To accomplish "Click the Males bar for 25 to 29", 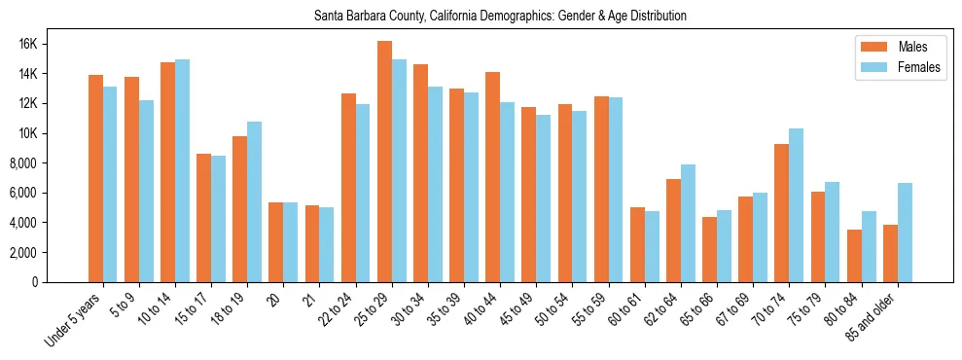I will [384, 162].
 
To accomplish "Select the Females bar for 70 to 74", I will [797, 205].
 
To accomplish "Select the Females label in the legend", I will [919, 67].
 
